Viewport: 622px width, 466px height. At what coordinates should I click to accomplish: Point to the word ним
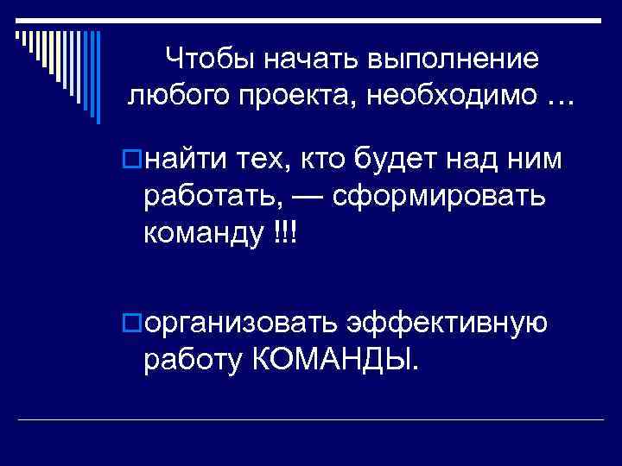(535, 159)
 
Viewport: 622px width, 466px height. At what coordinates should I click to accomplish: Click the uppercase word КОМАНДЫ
(336, 357)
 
